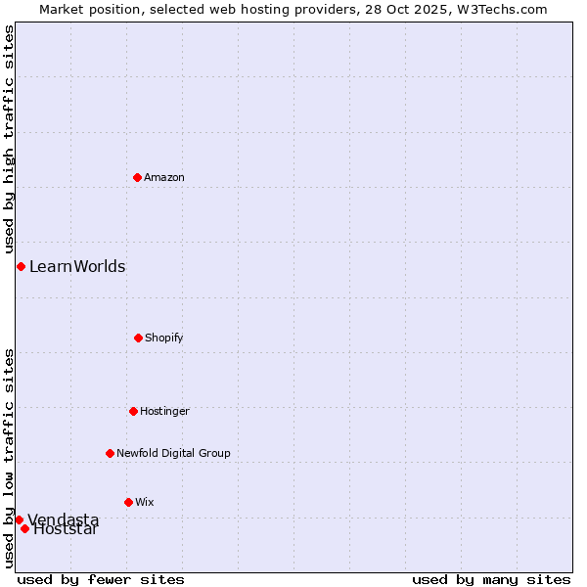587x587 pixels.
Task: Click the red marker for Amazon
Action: pyautogui.click(x=137, y=177)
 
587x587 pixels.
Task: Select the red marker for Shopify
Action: pyautogui.click(x=138, y=338)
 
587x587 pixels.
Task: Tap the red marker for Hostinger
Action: pyautogui.click(x=133, y=411)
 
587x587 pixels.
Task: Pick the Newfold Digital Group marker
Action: pyautogui.click(x=110, y=453)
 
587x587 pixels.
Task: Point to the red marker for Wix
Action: pyautogui.click(x=128, y=502)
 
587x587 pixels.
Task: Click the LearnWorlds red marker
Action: pyautogui.click(x=21, y=266)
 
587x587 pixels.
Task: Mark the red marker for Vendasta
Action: pyautogui.click(x=19, y=519)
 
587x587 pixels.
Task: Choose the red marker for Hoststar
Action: pyautogui.click(x=24, y=528)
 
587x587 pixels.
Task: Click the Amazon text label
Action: pyautogui.click(x=164, y=177)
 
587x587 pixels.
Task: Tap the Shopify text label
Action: pyautogui.click(x=164, y=338)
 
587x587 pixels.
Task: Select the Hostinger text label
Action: pyautogui.click(x=164, y=411)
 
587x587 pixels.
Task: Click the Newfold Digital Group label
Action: pyautogui.click(x=173, y=453)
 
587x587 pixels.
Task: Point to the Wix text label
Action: pyautogui.click(x=145, y=502)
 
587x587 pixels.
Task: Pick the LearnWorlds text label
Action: pyautogui.click(x=77, y=266)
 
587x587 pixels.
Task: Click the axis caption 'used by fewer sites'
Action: pyautogui.click(x=101, y=579)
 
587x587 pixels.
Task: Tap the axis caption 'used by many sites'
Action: pyautogui.click(x=491, y=579)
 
